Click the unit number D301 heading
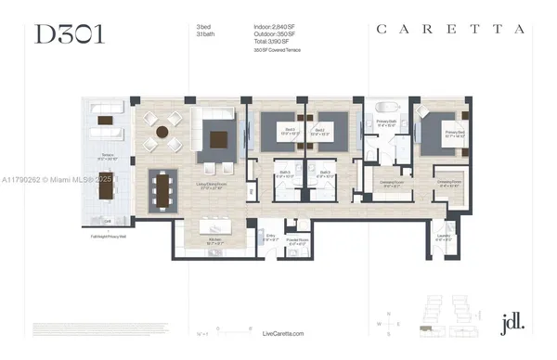(67, 33)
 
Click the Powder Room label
(312, 244)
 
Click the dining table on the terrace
(105, 191)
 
